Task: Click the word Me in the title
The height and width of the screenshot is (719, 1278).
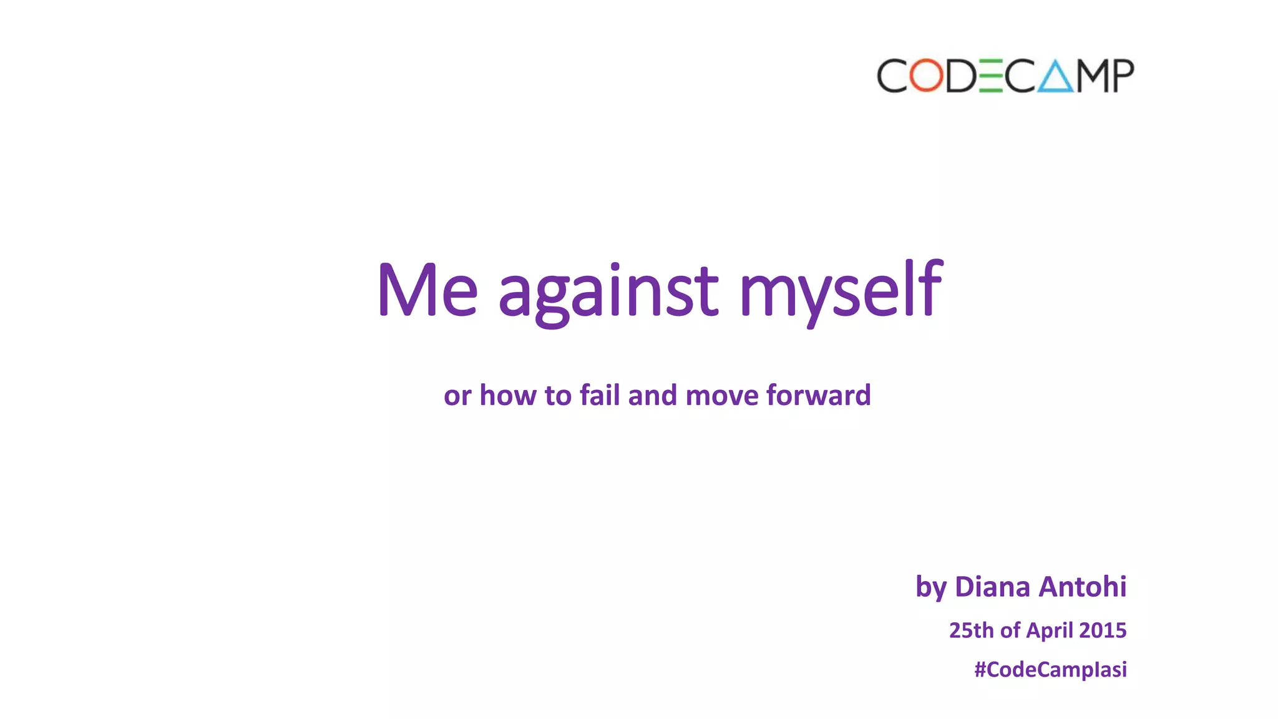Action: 427,291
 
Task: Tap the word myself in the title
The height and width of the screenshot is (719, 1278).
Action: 841,292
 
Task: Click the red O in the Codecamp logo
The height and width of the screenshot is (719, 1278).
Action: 926,76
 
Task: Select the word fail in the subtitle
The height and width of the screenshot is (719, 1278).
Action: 599,395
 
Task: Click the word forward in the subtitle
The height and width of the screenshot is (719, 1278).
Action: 818,395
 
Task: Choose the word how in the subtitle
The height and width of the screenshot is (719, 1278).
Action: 508,395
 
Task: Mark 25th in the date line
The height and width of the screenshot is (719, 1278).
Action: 972,630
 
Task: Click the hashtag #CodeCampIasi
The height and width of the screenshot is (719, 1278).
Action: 1050,670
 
